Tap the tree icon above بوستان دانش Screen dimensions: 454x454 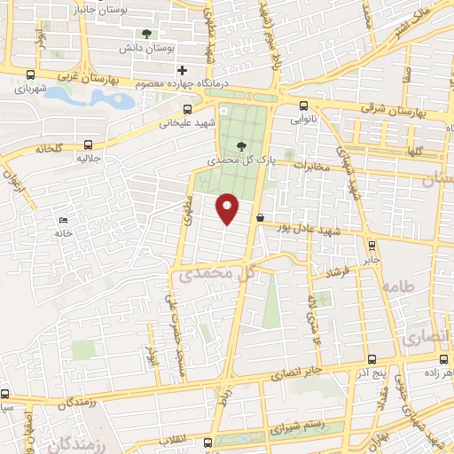pos(146,34)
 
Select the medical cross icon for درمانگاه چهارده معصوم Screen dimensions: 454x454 pos(182,70)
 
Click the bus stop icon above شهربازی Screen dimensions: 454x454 pos(32,75)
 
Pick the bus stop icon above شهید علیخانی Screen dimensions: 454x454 pos(186,110)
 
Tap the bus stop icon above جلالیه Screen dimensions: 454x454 pos(87,144)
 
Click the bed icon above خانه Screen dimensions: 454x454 pos(62,221)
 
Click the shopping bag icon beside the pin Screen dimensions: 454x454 pos(260,217)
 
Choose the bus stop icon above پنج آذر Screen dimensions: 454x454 pos(370,360)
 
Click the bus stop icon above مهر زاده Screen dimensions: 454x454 pos(442,360)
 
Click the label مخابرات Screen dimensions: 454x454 pos(310,166)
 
